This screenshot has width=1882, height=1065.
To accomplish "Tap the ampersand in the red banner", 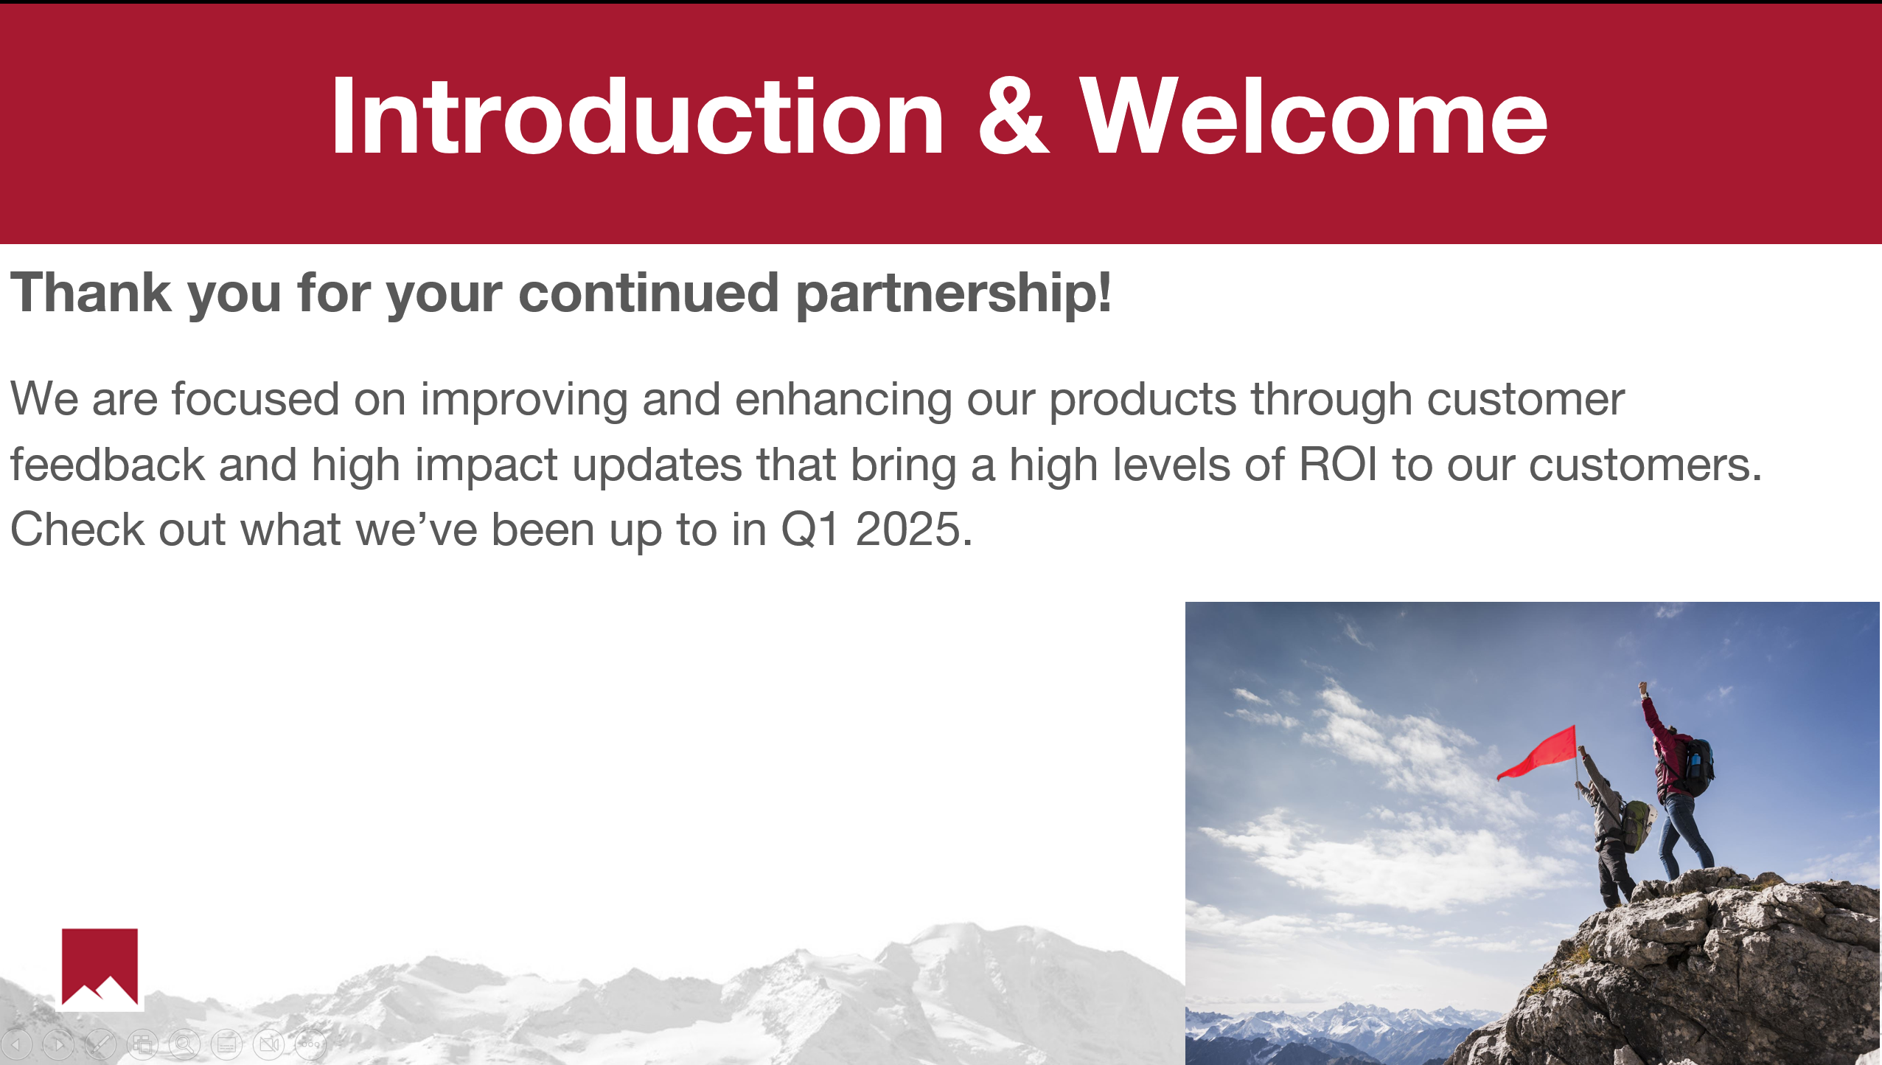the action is coord(1014,116).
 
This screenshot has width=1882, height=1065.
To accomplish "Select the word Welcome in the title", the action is coord(1313,116).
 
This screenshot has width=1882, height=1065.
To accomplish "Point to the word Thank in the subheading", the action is coord(91,292).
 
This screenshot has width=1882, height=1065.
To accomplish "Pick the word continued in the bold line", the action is coord(649,292).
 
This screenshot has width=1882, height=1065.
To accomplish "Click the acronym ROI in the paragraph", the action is coord(1338,465).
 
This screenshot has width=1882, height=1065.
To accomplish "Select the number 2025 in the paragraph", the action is coord(907,530).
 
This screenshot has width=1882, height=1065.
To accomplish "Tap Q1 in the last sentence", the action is coord(809,530).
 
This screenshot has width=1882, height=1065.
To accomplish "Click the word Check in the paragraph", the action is coord(77,530).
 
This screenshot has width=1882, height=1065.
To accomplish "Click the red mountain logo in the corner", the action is coord(100,967).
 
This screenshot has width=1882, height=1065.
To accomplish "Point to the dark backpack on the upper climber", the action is coord(1697,767).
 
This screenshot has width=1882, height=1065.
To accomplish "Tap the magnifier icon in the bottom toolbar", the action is coord(184,1044).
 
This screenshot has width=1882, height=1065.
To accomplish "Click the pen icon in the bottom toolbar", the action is coord(100,1044).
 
